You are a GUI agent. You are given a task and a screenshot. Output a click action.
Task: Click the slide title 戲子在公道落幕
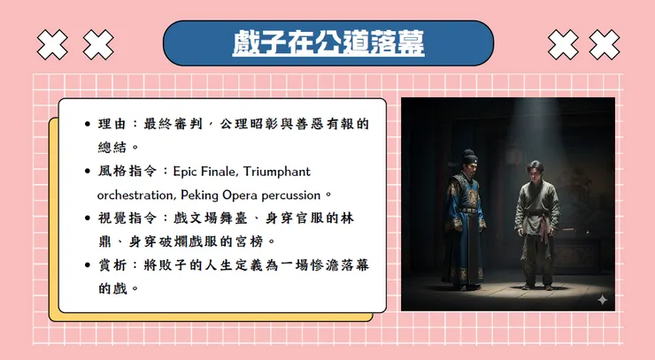click(328, 42)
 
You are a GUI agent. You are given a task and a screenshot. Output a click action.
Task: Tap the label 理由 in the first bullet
click(112, 124)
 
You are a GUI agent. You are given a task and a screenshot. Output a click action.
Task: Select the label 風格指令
click(124, 171)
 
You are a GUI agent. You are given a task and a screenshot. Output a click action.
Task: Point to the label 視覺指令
click(124, 218)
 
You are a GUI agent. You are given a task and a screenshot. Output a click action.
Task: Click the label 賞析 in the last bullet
click(112, 264)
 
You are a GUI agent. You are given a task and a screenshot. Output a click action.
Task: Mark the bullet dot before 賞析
click(86, 265)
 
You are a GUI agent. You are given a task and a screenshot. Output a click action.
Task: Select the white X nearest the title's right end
click(561, 42)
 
